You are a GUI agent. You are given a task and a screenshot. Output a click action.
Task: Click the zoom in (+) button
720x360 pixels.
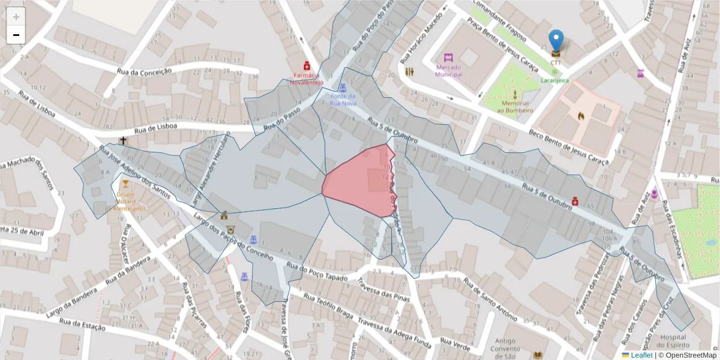16,17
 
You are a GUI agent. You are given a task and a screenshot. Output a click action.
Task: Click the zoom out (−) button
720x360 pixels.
16,35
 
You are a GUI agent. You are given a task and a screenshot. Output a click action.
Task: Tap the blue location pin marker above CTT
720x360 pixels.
556,41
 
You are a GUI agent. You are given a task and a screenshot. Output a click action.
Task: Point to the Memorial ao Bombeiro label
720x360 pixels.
514,107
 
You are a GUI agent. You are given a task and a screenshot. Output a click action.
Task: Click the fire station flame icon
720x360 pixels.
581,115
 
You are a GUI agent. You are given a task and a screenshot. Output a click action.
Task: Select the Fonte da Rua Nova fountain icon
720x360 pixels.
343,88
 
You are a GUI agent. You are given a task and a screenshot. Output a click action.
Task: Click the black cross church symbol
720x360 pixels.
123,141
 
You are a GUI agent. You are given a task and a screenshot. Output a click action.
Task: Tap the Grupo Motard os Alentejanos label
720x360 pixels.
126,201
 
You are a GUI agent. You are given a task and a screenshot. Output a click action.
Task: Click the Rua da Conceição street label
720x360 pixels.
145,71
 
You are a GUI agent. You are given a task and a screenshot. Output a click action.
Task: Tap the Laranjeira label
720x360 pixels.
554,80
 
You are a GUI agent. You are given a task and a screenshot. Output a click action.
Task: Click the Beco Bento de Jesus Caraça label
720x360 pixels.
569,148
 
